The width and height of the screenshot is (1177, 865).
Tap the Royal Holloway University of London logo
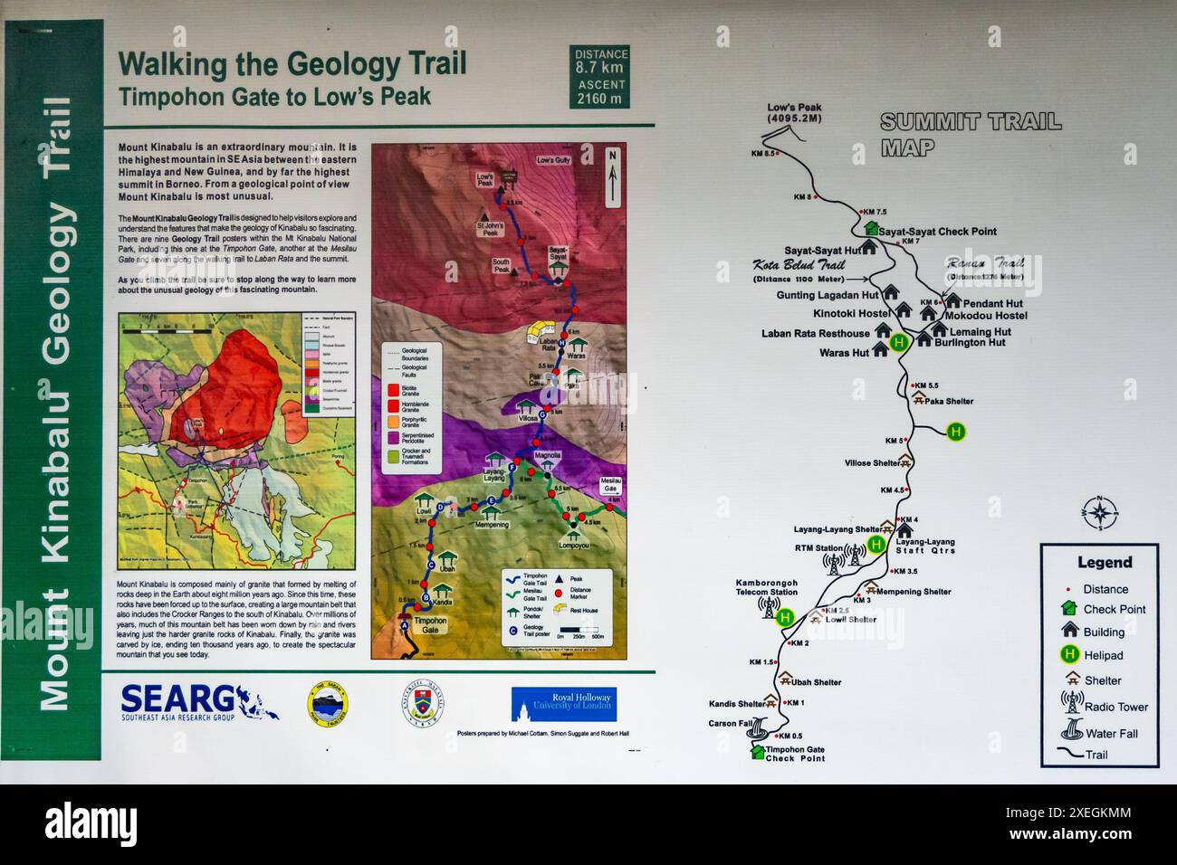(x=563, y=703)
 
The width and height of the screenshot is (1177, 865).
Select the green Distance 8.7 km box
(x=600, y=78)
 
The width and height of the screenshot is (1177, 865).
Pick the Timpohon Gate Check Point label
(x=795, y=754)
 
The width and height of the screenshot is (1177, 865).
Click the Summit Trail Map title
(x=970, y=135)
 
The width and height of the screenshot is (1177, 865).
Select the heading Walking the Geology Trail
(x=292, y=64)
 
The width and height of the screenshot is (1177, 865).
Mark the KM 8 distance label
(x=802, y=197)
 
